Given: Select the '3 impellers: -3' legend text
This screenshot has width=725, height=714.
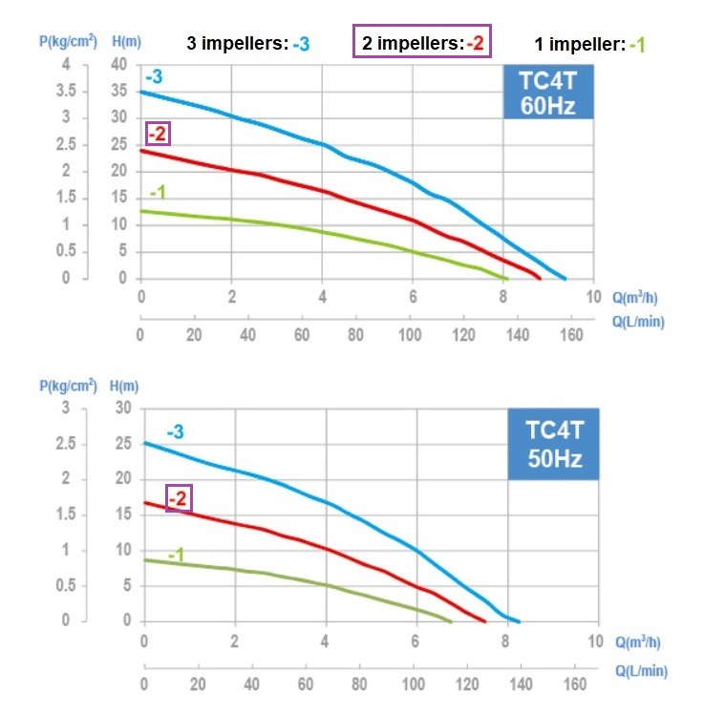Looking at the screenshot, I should click(247, 44).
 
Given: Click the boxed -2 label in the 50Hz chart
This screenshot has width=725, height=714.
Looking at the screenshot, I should click(179, 497).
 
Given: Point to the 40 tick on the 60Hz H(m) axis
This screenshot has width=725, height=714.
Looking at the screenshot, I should click(118, 65).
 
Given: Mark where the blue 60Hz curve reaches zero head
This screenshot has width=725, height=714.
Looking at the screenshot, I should click(565, 279).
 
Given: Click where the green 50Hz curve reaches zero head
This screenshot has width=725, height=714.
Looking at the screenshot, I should click(452, 621).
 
